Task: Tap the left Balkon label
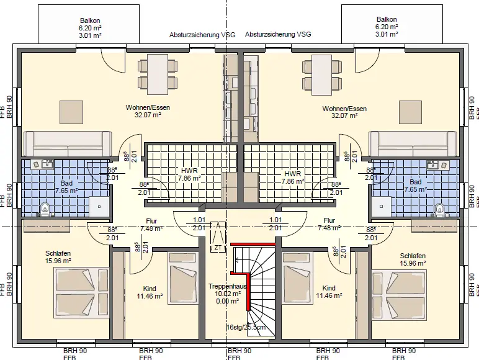point(90,19)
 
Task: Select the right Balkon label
point(386,19)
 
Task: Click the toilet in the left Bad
point(44,207)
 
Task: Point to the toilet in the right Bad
point(439,207)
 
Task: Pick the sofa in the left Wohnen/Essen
point(68,143)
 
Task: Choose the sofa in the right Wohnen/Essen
point(412,143)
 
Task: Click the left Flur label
point(152,220)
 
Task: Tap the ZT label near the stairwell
point(217,248)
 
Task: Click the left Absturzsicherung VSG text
point(202,35)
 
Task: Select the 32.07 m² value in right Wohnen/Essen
point(345,115)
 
